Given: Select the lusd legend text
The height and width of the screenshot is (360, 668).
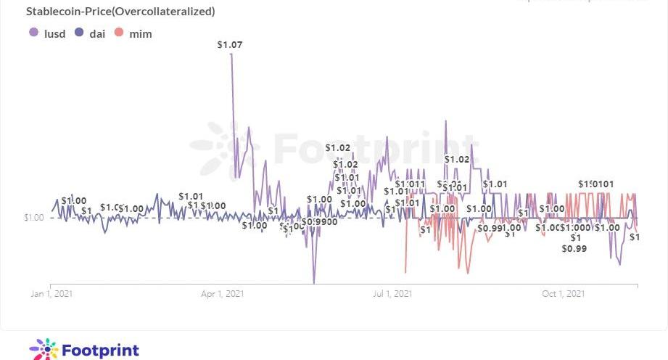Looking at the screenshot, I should [54, 33].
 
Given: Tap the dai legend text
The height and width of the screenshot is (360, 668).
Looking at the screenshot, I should [97, 33].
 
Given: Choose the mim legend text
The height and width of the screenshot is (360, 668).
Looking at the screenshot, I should [141, 33].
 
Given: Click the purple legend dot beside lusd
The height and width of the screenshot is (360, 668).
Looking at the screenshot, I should [33, 33].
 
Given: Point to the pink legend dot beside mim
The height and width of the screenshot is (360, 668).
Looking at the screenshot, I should [120, 33].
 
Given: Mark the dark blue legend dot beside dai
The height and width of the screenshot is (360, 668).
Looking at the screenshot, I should [79, 33].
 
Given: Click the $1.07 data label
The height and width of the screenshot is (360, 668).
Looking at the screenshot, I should [230, 45].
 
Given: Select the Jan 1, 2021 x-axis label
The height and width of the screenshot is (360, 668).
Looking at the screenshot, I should [51, 294].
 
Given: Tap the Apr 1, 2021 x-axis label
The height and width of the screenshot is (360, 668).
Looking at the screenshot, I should [222, 294].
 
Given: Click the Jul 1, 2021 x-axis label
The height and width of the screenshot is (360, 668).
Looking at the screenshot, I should [392, 294].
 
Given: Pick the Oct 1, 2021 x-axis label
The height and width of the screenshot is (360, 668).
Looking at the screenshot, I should [564, 294].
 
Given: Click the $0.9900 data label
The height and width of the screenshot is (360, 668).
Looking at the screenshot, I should [320, 221].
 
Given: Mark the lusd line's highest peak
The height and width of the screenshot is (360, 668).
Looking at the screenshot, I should [231, 54].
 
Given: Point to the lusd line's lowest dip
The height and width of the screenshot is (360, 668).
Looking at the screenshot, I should [314, 282].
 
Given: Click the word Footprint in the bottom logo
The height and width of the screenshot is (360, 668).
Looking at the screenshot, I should [101, 350].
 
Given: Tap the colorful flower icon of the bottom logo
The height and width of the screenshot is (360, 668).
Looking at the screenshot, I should [44, 350].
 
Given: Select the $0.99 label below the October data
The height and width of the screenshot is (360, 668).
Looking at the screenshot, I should [574, 249].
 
